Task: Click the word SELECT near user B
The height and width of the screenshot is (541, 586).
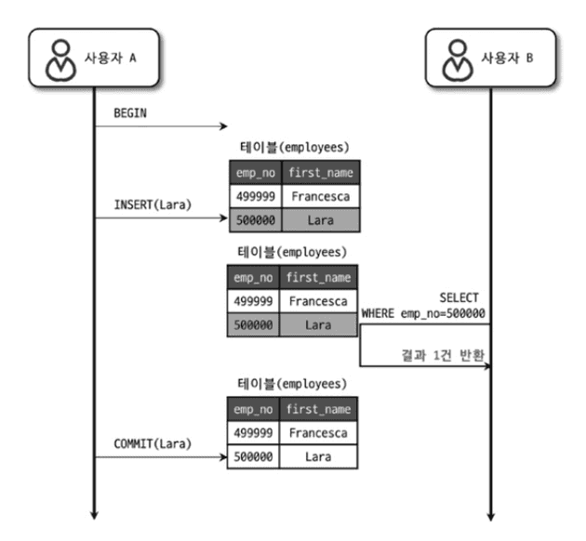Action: (x=459, y=297)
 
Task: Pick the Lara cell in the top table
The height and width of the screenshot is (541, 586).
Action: (x=319, y=219)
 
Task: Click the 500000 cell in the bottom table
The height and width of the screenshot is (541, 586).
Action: (x=254, y=457)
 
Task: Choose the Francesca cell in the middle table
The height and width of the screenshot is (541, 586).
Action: (x=319, y=301)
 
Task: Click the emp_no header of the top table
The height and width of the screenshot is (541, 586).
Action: (x=254, y=172)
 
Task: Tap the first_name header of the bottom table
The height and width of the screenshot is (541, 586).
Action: (x=319, y=409)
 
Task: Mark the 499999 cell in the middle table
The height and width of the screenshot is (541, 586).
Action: (x=254, y=301)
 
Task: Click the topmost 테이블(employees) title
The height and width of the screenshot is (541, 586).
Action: (x=293, y=146)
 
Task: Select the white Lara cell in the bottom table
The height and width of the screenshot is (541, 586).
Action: (x=319, y=457)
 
